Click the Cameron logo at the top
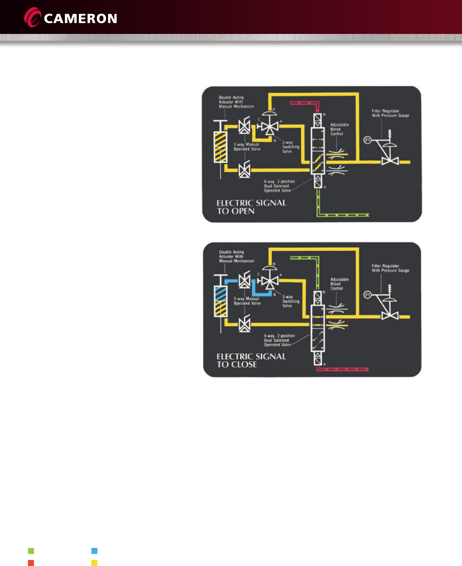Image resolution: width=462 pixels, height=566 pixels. tap(71, 18)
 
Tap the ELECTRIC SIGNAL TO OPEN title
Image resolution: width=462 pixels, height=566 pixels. tap(251, 207)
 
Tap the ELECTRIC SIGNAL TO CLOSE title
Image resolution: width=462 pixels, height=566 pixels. tap(251, 360)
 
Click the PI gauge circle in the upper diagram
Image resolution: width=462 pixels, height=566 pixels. tap(367, 140)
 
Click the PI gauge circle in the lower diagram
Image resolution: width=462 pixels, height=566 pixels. tap(367, 295)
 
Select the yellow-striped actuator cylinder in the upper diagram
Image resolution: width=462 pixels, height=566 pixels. tap(220, 147)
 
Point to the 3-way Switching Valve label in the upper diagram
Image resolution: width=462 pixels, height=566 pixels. tap(291, 147)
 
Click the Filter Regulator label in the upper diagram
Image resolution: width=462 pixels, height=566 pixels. tap(390, 113)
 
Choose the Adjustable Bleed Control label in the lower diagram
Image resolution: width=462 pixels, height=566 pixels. tap(339, 284)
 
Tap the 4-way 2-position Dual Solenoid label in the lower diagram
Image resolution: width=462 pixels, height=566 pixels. tap(279, 340)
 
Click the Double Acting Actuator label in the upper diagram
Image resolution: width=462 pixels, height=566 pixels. tap(236, 102)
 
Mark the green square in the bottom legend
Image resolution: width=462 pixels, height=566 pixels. tap(31, 551)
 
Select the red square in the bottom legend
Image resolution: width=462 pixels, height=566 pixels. tap(31, 563)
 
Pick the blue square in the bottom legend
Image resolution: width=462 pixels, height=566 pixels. tap(94, 551)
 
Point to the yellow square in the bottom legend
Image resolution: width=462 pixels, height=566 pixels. tap(94, 563)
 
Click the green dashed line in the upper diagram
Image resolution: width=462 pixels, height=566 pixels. tap(342, 215)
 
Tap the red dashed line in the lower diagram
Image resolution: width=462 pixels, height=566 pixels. tap(342, 369)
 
